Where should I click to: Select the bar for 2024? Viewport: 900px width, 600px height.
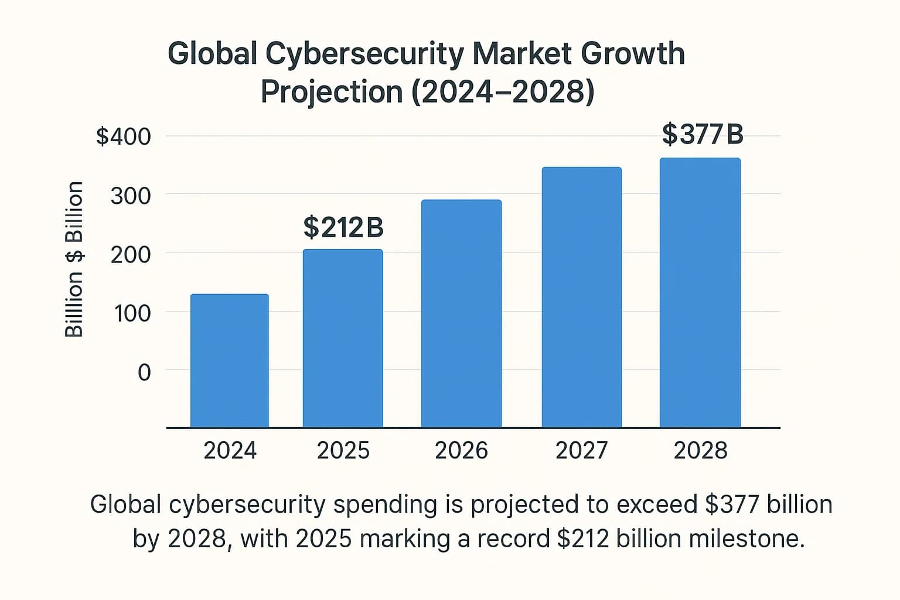point(230,360)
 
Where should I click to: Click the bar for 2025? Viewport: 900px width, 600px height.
point(343,338)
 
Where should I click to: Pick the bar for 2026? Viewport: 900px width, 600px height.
point(461,313)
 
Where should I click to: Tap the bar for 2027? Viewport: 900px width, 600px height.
point(581,297)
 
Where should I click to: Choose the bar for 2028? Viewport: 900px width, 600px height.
point(700,292)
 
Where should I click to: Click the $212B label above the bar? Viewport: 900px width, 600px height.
point(343,227)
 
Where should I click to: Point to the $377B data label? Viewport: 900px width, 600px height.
point(703,134)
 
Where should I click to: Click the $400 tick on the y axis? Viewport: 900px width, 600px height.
point(124,137)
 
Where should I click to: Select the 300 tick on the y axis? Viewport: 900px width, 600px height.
point(131,196)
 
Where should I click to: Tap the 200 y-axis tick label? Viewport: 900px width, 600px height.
point(131,254)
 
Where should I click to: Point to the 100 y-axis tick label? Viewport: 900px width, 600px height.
point(132,313)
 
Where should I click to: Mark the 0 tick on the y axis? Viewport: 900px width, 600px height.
point(144,372)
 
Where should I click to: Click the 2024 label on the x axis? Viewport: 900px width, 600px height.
point(230,450)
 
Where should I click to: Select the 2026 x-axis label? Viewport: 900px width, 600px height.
point(461,450)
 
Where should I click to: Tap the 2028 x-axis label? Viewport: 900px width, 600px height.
point(700,450)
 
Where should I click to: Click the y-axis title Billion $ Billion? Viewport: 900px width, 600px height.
point(74,259)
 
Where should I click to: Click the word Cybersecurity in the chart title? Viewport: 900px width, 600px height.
point(364,54)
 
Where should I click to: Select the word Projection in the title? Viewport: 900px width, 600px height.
point(332,92)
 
